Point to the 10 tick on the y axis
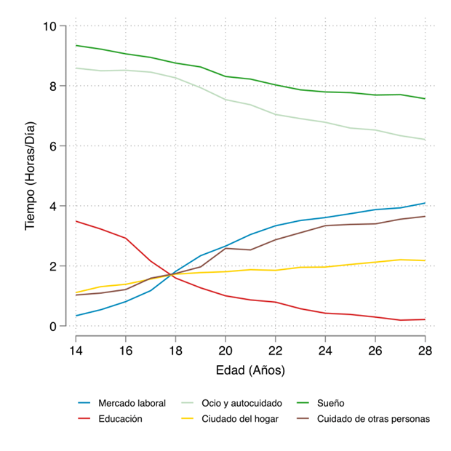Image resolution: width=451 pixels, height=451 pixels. click(x=50, y=26)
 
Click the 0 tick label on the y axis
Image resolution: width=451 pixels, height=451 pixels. click(x=53, y=327)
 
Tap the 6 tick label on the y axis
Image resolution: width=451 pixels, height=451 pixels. click(x=53, y=146)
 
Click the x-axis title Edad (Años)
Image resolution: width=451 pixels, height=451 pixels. click(x=250, y=370)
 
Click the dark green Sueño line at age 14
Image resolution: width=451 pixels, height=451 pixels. click(x=76, y=45)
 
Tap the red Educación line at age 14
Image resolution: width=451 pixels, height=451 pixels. click(x=76, y=221)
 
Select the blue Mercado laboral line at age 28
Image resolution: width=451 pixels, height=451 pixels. click(x=425, y=203)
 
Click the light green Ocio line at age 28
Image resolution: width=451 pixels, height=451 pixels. click(x=425, y=140)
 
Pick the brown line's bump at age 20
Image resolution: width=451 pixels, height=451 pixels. click(x=225, y=248)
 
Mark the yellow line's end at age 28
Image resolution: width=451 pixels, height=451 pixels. click(x=425, y=260)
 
